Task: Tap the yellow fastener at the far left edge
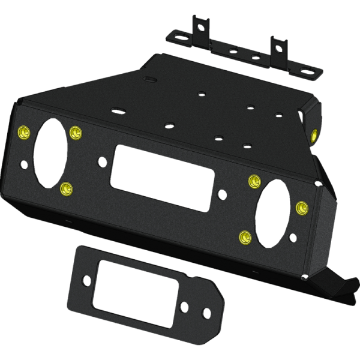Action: click(24, 132)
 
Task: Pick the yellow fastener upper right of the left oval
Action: click(75, 132)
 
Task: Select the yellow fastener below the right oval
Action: click(244, 238)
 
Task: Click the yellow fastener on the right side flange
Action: click(314, 133)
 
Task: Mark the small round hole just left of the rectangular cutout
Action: click(103, 161)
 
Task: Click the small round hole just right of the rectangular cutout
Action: click(223, 194)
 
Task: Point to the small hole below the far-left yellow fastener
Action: click(23, 163)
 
